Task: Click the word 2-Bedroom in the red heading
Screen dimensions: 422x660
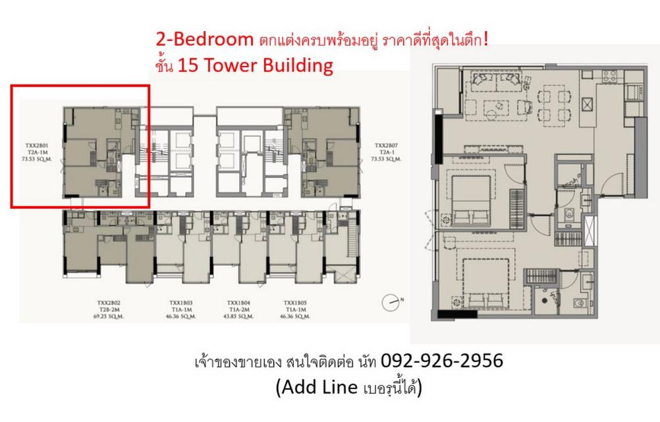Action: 202,40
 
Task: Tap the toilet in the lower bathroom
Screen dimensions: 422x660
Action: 579,303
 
